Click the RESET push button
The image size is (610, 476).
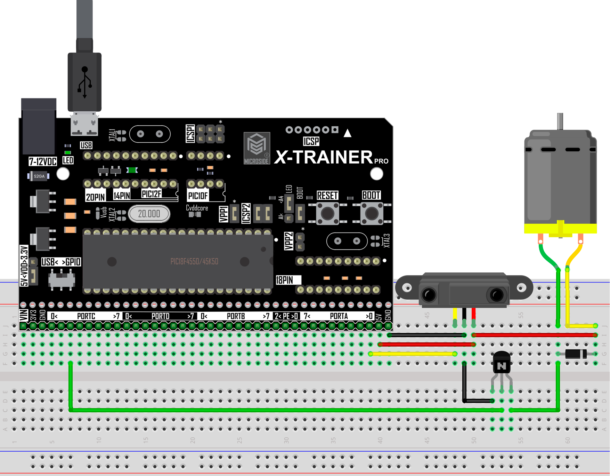point(327,213)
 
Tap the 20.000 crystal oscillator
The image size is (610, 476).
point(149,214)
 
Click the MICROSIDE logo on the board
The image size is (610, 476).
point(257,148)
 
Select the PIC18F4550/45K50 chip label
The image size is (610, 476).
point(194,262)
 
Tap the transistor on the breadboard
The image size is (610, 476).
point(502,364)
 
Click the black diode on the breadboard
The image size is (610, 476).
point(576,354)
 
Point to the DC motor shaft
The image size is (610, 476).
point(560,121)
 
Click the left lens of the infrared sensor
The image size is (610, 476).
point(429,295)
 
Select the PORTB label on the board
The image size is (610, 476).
point(236,316)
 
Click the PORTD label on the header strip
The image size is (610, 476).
point(160,316)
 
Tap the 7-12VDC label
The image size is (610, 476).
point(42,161)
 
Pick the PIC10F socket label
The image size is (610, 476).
point(198,196)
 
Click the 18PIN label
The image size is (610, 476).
point(284,280)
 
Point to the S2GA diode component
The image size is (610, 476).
point(39,176)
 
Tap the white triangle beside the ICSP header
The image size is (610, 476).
point(347,133)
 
